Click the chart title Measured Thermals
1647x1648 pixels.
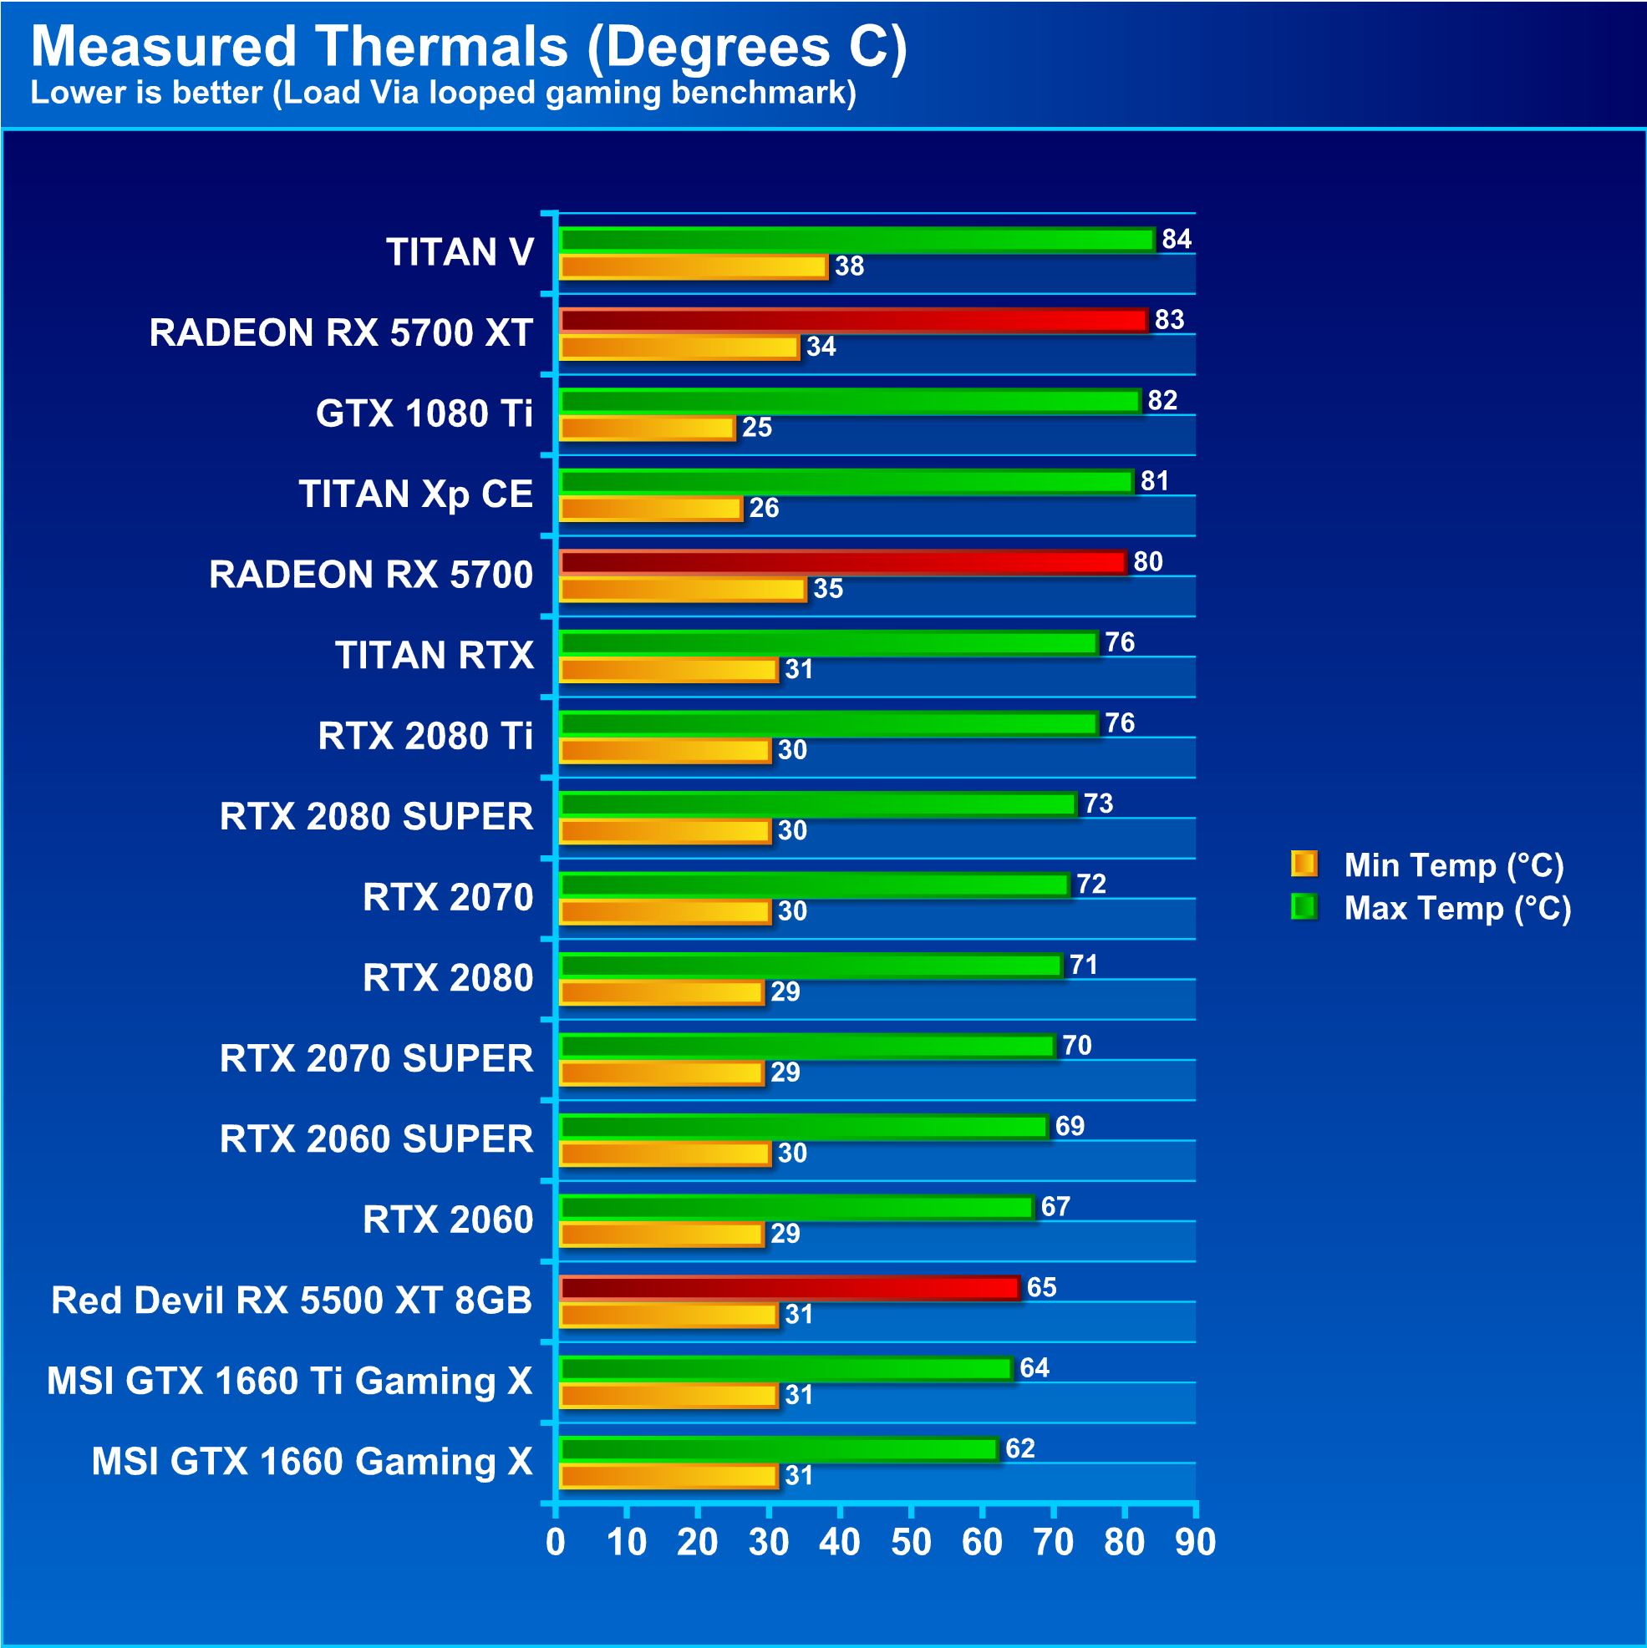(469, 46)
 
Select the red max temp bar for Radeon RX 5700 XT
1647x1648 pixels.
(853, 321)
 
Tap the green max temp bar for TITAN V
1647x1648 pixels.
(857, 240)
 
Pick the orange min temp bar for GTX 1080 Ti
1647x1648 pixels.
(647, 428)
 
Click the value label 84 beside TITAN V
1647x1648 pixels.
(1176, 240)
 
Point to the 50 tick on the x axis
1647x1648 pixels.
(911, 1542)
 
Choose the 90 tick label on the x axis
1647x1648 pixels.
(1195, 1542)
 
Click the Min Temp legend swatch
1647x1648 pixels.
(1304, 864)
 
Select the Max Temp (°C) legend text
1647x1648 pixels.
(1456, 909)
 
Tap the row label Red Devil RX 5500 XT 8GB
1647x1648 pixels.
(291, 1300)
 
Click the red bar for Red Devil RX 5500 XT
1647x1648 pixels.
(790, 1288)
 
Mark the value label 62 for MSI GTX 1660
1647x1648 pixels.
(1019, 1448)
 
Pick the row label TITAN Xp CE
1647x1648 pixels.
(415, 494)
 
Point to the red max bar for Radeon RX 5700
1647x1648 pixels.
(843, 562)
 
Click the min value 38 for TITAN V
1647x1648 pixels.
(849, 267)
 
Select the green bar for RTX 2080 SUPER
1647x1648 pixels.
(817, 804)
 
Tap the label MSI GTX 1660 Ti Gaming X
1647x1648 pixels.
(289, 1381)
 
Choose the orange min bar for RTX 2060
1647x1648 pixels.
(661, 1235)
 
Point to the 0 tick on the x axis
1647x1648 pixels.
(556, 1542)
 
